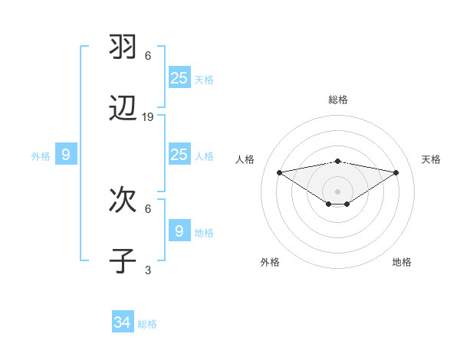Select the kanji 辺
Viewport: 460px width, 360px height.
[x=123, y=110]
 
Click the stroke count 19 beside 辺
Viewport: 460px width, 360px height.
[x=148, y=117]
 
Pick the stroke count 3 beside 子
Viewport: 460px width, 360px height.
[x=148, y=270]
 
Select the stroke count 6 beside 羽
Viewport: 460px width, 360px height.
[x=148, y=55]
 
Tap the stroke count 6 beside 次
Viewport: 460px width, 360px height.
[x=148, y=208]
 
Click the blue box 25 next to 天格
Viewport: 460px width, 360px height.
[x=179, y=77]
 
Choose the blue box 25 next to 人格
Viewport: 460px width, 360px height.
[x=179, y=155]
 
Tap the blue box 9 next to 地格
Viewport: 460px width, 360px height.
[x=179, y=231]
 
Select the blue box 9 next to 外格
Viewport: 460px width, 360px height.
[x=66, y=155]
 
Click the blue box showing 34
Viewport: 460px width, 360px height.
[x=123, y=322]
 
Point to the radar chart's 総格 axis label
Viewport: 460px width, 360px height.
[x=337, y=100]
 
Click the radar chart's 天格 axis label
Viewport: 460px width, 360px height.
[x=431, y=159]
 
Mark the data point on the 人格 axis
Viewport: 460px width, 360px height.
[x=279, y=172]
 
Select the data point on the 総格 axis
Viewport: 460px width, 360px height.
[x=337, y=161]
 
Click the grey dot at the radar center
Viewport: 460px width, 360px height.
[x=337, y=191]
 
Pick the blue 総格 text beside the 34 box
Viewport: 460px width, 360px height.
[x=147, y=324]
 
